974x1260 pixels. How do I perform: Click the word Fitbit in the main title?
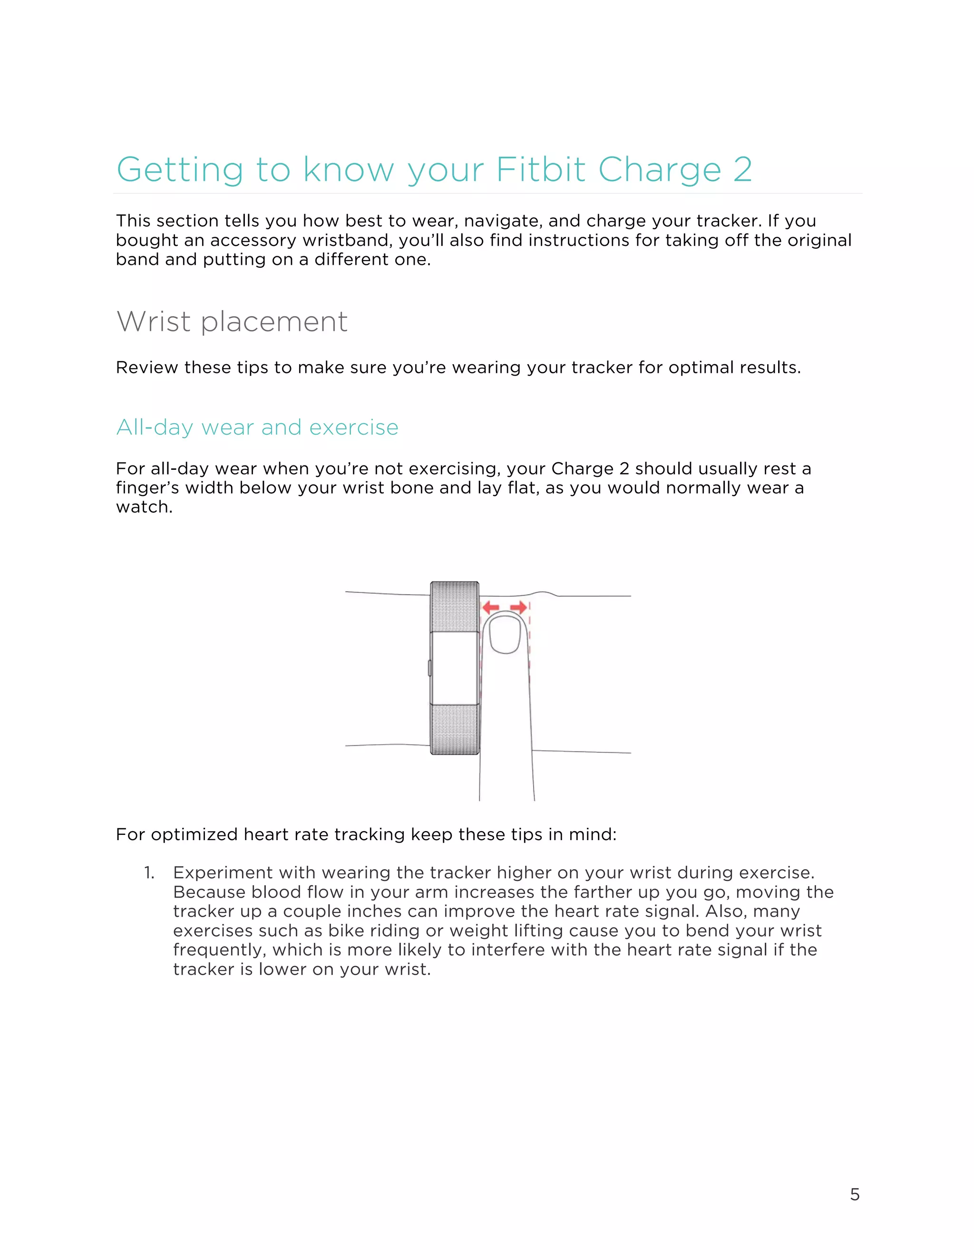click(x=541, y=170)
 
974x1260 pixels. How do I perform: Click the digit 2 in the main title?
click(x=742, y=170)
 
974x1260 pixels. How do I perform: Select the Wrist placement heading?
click(x=232, y=321)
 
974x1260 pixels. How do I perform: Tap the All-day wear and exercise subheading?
click(x=257, y=427)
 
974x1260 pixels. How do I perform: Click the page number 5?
click(x=855, y=1194)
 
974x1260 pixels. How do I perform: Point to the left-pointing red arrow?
click(x=490, y=607)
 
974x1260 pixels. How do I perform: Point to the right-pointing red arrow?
click(x=519, y=607)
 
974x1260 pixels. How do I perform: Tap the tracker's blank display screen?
click(x=455, y=668)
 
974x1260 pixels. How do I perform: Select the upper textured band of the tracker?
click(x=455, y=606)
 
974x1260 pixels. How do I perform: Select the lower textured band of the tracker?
click(x=455, y=729)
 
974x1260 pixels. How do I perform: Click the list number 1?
click(x=149, y=873)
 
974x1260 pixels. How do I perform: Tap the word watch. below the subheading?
click(x=144, y=507)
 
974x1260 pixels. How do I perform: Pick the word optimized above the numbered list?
click(x=194, y=835)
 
